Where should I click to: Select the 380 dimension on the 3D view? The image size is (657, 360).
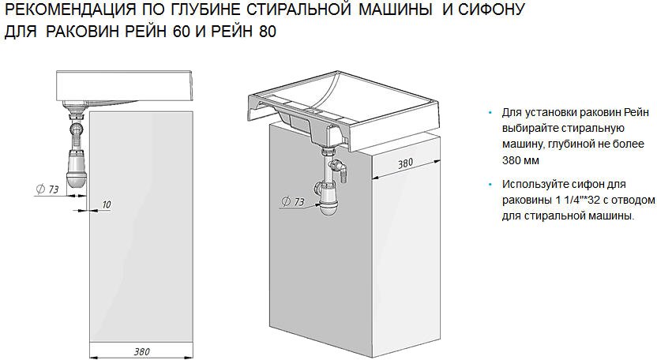tap(405, 163)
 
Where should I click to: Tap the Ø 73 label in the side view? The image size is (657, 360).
tap(49, 189)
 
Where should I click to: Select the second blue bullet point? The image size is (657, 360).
tap(490, 185)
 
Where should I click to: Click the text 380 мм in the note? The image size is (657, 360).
tap(519, 159)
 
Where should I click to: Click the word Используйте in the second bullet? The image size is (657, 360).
tap(531, 184)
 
